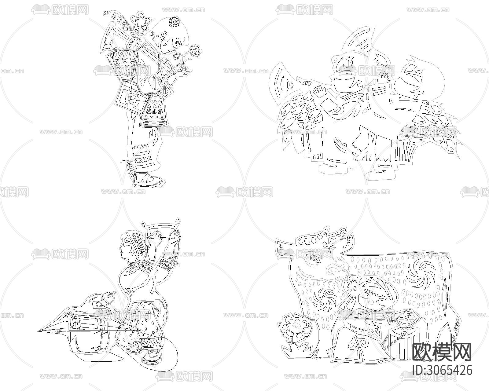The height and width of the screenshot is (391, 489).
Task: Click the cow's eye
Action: click(x=315, y=258)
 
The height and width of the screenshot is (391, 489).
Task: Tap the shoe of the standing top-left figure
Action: click(x=147, y=178)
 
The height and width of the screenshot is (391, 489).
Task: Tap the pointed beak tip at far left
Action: click(x=38, y=331)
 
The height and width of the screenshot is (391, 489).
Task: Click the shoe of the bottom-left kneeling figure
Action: click(x=152, y=356)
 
